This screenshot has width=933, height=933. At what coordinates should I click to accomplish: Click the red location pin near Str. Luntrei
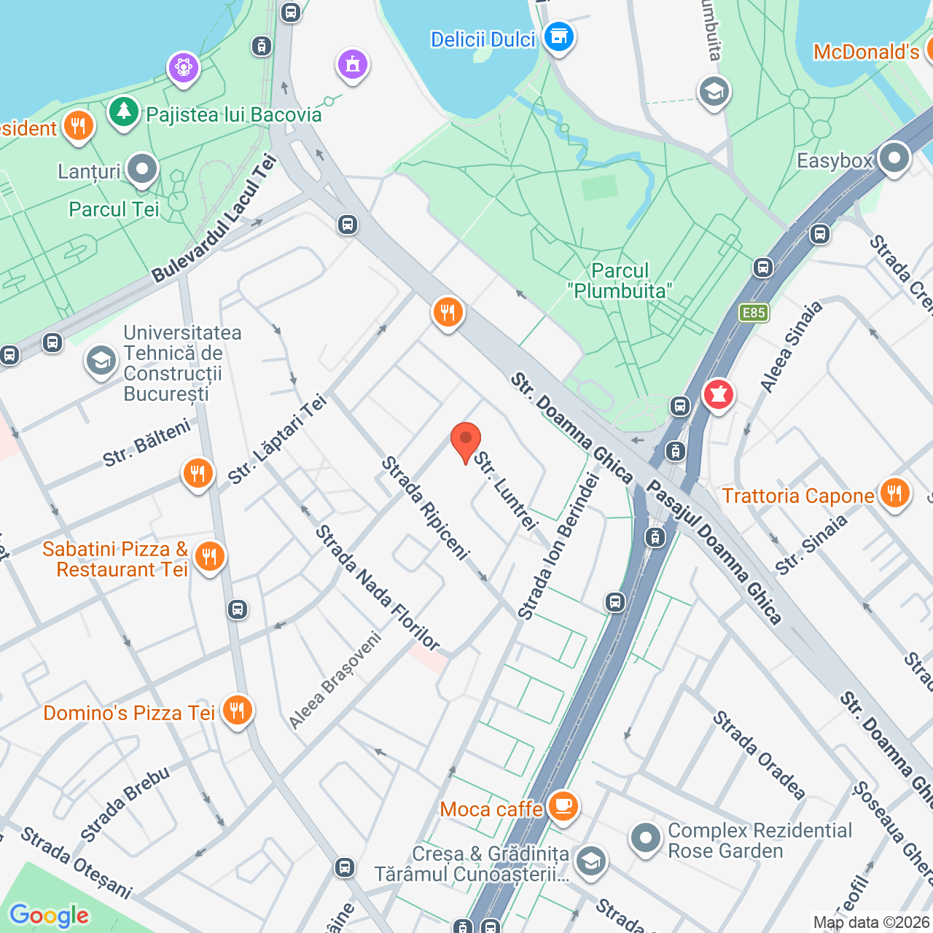(x=465, y=442)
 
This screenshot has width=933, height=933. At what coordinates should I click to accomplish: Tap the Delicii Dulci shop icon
(x=559, y=36)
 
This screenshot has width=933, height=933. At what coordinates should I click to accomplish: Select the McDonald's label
(x=866, y=52)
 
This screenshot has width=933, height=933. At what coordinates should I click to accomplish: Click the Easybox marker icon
(x=894, y=158)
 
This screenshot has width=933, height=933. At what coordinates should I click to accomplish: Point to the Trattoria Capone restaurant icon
(x=894, y=493)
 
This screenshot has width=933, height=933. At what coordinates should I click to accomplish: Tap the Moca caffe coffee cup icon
(x=563, y=806)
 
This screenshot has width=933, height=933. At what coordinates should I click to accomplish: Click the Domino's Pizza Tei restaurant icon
(x=237, y=709)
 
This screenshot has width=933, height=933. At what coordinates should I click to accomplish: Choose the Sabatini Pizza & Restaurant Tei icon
(x=209, y=557)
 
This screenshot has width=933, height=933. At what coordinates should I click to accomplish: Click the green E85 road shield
(x=753, y=313)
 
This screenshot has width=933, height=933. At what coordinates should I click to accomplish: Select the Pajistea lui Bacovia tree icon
(x=124, y=112)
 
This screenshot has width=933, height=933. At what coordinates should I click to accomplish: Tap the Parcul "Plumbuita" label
(x=620, y=281)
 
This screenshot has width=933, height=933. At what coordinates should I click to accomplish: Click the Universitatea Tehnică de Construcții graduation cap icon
(x=101, y=361)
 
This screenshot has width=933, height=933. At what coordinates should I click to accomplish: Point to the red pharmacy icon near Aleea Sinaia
(x=718, y=394)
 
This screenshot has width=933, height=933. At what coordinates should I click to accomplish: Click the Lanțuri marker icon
(x=141, y=169)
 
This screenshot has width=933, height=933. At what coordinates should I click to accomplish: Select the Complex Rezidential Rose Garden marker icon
(x=645, y=838)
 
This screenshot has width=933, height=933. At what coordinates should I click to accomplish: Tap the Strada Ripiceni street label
(x=425, y=507)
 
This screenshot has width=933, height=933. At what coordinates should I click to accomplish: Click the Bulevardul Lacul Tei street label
(x=214, y=219)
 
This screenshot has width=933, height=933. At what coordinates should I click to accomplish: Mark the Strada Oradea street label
(x=759, y=755)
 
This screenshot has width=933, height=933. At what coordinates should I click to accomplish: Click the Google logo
(x=49, y=916)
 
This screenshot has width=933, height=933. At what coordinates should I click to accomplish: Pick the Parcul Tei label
(x=114, y=209)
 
